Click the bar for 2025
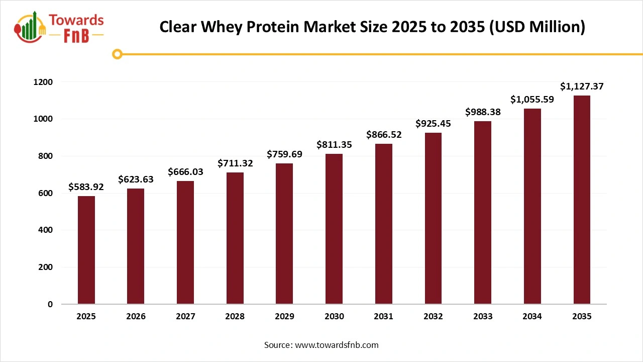pyautogui.click(x=86, y=250)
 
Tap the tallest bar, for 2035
pyautogui.click(x=582, y=200)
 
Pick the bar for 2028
pyautogui.click(x=235, y=238)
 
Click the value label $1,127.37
pyautogui.click(x=582, y=86)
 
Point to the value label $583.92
pyautogui.click(x=86, y=188)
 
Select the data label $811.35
pyautogui.click(x=334, y=145)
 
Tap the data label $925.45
pyautogui.click(x=433, y=123)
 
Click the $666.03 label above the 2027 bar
pyautogui.click(x=185, y=172)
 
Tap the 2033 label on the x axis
pyautogui.click(x=483, y=317)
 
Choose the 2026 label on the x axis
pyautogui.click(x=136, y=317)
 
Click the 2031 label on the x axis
pyautogui.click(x=384, y=317)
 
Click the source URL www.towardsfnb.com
pyautogui.click(x=336, y=345)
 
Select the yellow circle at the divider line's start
pyautogui.click(x=118, y=54)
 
